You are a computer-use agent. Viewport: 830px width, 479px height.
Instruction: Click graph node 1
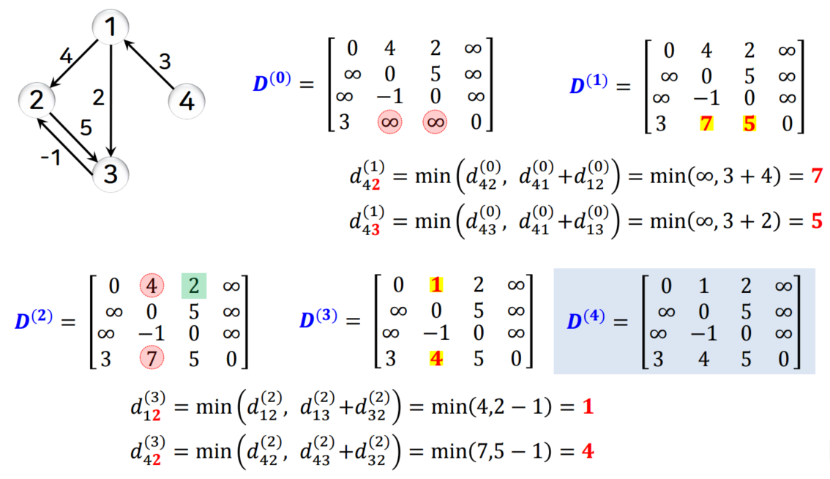[x=111, y=28]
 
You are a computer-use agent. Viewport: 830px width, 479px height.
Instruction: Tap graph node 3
[x=111, y=174]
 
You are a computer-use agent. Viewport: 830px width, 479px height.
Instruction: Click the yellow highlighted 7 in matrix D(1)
[x=706, y=122]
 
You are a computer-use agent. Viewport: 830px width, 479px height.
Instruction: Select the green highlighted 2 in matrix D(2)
[x=194, y=285]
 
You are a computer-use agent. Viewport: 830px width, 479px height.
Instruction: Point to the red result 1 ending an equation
[x=587, y=407]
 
